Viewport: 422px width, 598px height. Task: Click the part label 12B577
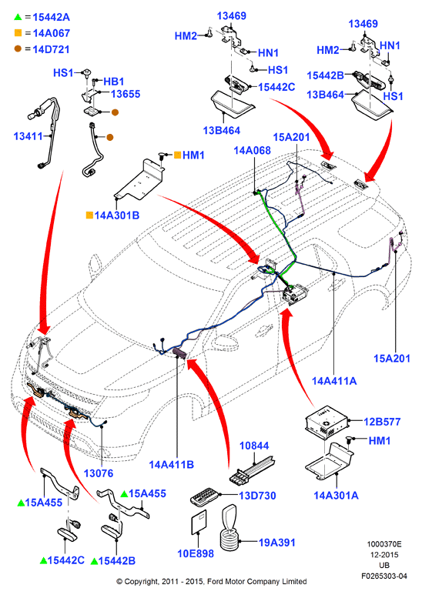coord(382,422)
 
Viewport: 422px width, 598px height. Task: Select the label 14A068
coord(253,151)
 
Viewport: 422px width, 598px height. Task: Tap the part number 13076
coord(99,473)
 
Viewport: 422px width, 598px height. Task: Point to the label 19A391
coord(277,543)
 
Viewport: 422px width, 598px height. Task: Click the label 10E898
coord(196,553)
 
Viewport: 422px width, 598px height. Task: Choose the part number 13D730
coord(257,496)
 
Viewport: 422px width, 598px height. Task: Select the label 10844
coord(254,446)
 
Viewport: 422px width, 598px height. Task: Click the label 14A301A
coord(337,496)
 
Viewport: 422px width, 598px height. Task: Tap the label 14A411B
coord(171,465)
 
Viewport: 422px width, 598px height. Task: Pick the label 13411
coord(28,135)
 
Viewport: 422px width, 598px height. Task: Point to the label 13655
coord(126,94)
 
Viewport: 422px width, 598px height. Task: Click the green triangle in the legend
coord(18,17)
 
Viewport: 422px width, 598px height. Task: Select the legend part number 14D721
coord(51,49)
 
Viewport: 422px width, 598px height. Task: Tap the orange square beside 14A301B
coord(89,215)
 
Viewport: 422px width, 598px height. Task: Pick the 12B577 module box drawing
coord(327,422)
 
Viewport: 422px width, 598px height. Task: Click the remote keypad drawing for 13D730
coord(205,496)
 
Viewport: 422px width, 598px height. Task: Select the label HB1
coord(114,82)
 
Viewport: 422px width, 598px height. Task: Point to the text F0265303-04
coord(384,576)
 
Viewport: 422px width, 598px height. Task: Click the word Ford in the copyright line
coord(216,582)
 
